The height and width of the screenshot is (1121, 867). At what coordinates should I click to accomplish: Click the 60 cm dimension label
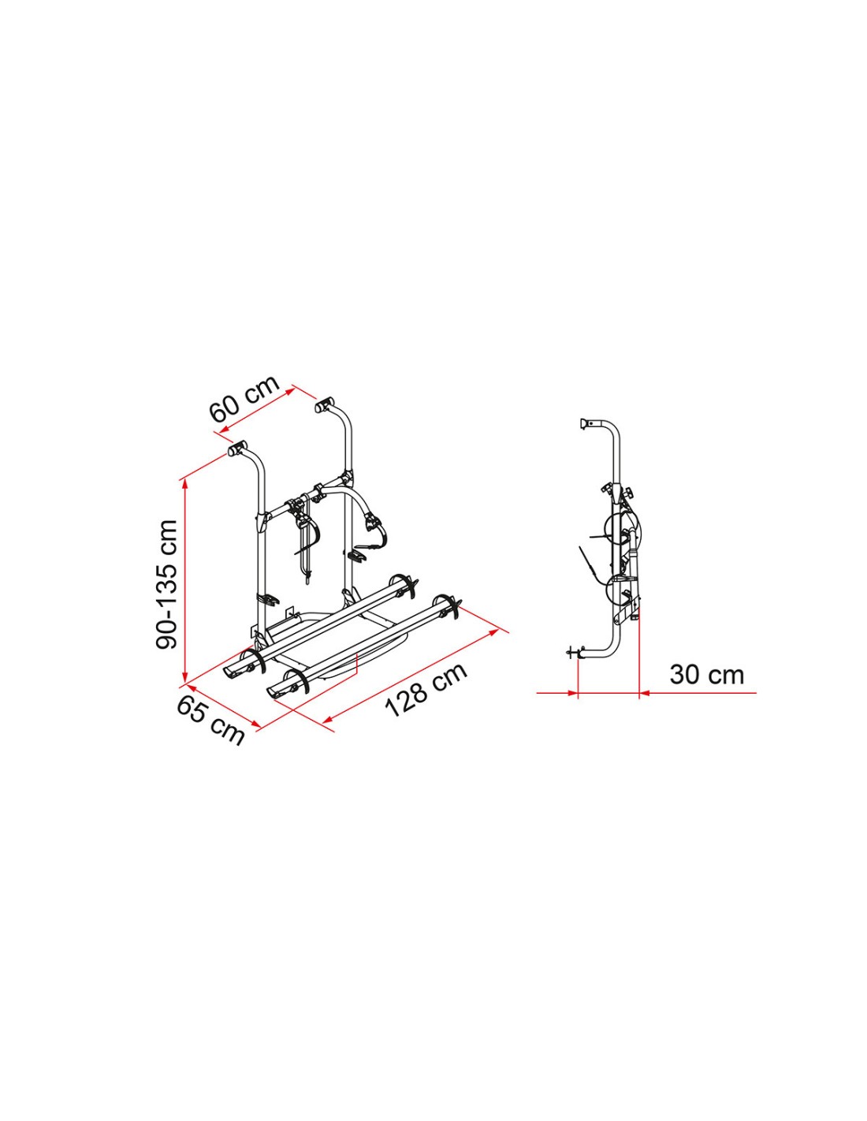tap(244, 398)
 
